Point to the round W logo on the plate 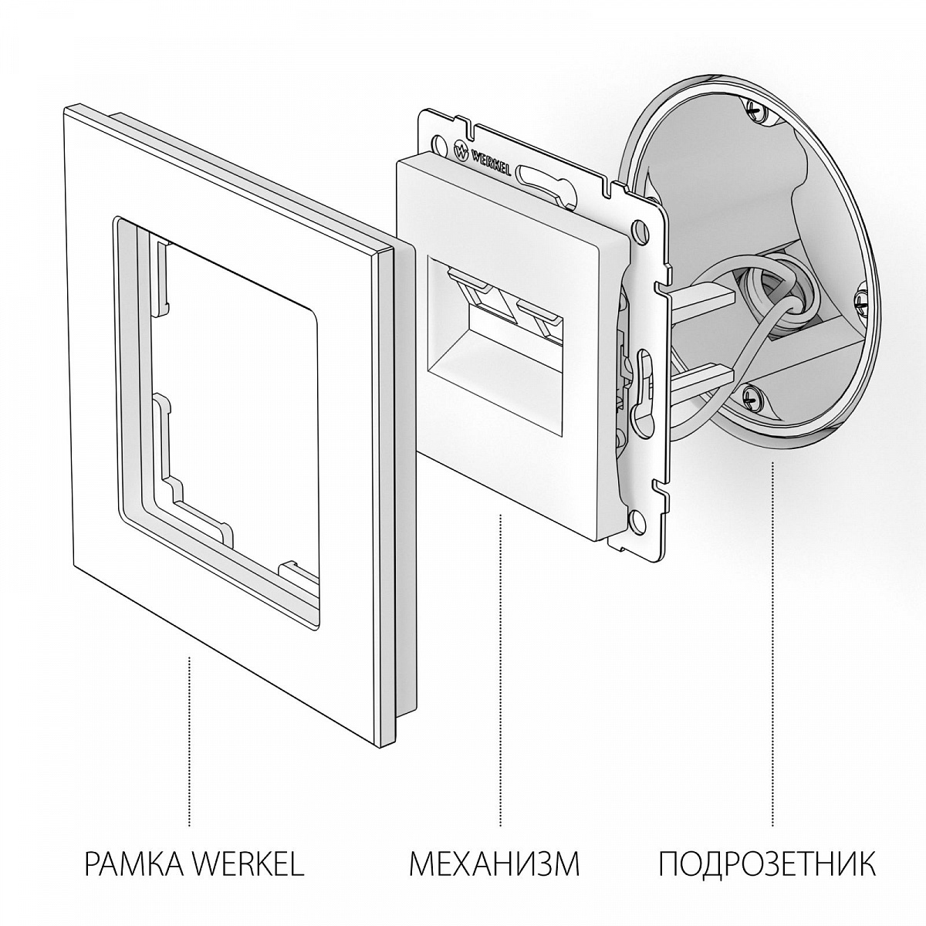pos(461,151)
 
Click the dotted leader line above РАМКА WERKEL pos(190,741)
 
